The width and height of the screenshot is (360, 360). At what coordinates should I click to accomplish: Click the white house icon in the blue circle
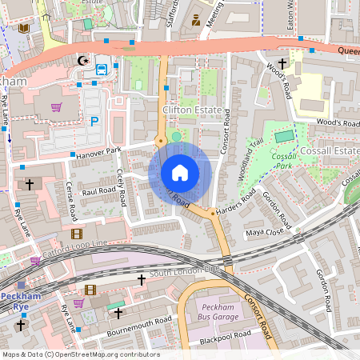pos(180,173)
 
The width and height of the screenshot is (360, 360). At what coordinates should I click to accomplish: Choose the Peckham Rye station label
pos(19,301)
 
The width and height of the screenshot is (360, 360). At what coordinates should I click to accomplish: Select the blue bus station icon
pos(101,70)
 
